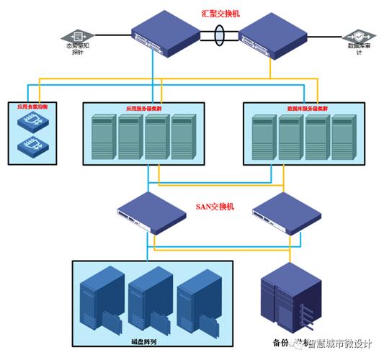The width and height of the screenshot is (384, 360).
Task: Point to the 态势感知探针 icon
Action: [x=77, y=35]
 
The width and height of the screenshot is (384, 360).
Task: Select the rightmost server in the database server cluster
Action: [x=343, y=138]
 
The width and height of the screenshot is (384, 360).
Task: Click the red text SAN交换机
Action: [x=215, y=207]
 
